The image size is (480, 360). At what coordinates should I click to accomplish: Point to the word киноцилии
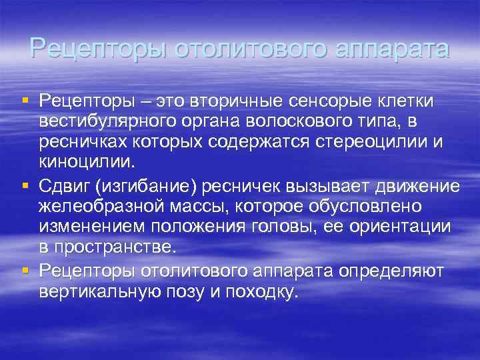click(x=85, y=164)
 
